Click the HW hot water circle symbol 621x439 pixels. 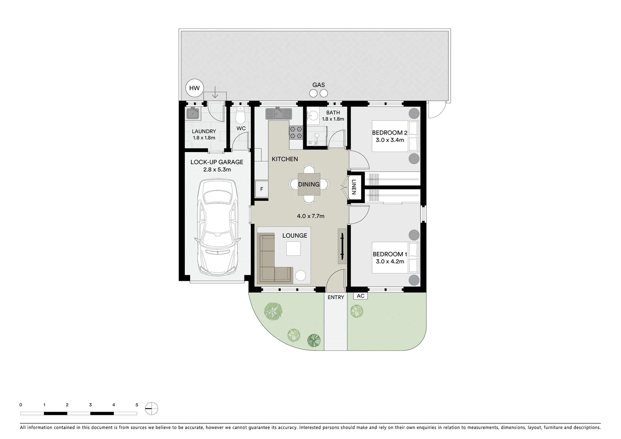tap(194, 88)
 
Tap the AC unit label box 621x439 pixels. tap(360, 296)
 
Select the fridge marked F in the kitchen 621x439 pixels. tap(262, 189)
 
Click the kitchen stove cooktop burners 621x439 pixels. tap(296, 132)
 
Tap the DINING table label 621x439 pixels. tap(309, 185)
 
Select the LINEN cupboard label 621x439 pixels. tap(353, 187)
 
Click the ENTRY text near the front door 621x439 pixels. tap(335, 298)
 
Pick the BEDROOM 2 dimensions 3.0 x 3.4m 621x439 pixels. tap(389, 140)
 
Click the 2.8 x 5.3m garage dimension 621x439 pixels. tap(217, 170)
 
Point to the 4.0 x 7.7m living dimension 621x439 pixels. tap(310, 216)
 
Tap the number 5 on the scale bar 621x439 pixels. tap(137, 405)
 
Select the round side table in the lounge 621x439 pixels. tap(301, 276)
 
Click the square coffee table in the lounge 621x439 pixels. tap(294, 248)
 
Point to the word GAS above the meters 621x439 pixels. tap(318, 85)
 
